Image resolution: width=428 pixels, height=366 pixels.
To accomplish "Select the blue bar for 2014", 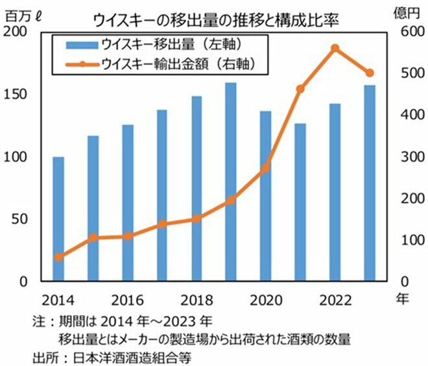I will [58, 219].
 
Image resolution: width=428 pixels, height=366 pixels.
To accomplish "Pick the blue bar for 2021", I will [300, 202].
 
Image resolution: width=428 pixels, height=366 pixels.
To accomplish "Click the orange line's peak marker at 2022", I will [335, 48].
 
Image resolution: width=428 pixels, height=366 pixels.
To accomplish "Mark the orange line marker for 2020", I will [265, 168].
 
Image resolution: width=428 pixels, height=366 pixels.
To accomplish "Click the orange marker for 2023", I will [370, 73].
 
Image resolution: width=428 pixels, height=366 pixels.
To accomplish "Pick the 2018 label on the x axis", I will [195, 300].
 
